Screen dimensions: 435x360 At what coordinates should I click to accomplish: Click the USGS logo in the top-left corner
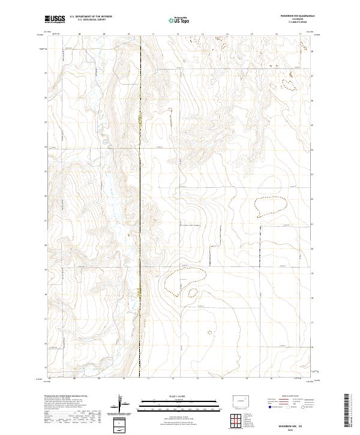(55, 19)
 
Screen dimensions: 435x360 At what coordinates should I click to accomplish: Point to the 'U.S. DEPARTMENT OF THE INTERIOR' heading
(91, 17)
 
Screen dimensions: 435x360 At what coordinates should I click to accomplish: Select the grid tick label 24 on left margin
(46, 146)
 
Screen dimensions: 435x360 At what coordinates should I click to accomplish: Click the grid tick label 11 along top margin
(154, 35)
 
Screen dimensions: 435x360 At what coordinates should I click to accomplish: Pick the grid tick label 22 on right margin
(313, 199)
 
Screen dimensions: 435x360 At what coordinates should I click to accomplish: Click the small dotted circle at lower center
(209, 331)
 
